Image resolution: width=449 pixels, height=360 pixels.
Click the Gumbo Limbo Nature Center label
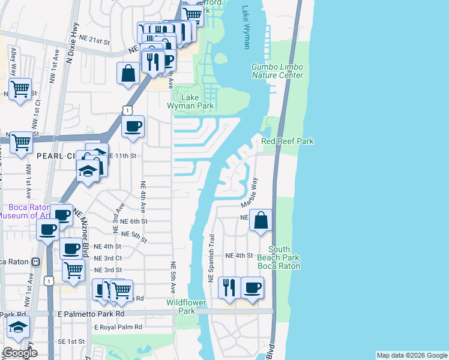coord(277,71)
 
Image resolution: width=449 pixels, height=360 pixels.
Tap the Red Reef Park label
coord(288,141)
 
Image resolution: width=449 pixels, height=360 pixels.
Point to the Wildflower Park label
coord(181,307)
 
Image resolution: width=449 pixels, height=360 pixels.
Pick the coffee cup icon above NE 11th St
coord(133,126)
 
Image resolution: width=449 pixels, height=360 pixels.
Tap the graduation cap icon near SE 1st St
coord(19,327)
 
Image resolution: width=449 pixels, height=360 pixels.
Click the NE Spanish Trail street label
coord(211,259)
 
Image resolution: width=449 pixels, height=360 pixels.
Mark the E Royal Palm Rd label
coord(118,327)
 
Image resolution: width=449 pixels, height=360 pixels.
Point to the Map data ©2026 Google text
coord(411,355)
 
